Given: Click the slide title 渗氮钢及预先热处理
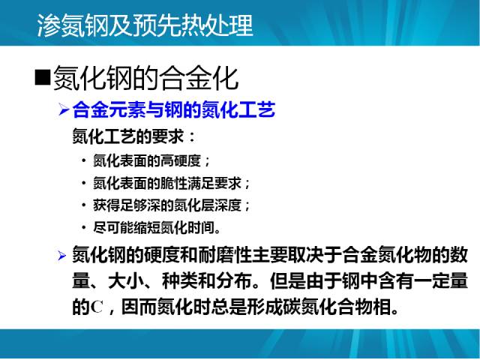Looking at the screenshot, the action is [145, 25].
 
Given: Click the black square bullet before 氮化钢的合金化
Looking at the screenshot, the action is [43, 77].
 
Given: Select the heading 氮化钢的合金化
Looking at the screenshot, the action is [145, 78].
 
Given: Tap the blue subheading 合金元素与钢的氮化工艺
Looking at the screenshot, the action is [174, 109].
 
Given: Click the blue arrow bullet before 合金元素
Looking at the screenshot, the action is [63, 109].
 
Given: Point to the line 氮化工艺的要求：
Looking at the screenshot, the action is [133, 136].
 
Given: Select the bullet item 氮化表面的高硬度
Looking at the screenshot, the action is [151, 161].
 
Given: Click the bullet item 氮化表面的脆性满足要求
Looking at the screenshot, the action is [172, 183].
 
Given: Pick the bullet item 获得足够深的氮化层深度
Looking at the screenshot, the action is [172, 205].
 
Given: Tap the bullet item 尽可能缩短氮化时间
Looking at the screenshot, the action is [157, 228].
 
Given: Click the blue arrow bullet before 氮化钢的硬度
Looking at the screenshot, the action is [61, 255].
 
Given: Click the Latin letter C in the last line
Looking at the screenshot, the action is [97, 307].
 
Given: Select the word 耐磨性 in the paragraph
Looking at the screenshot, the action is [224, 255].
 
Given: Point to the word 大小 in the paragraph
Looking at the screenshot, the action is [126, 280].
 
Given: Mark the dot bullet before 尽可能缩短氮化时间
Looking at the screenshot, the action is [83, 228].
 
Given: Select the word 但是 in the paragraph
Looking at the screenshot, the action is [288, 280].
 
